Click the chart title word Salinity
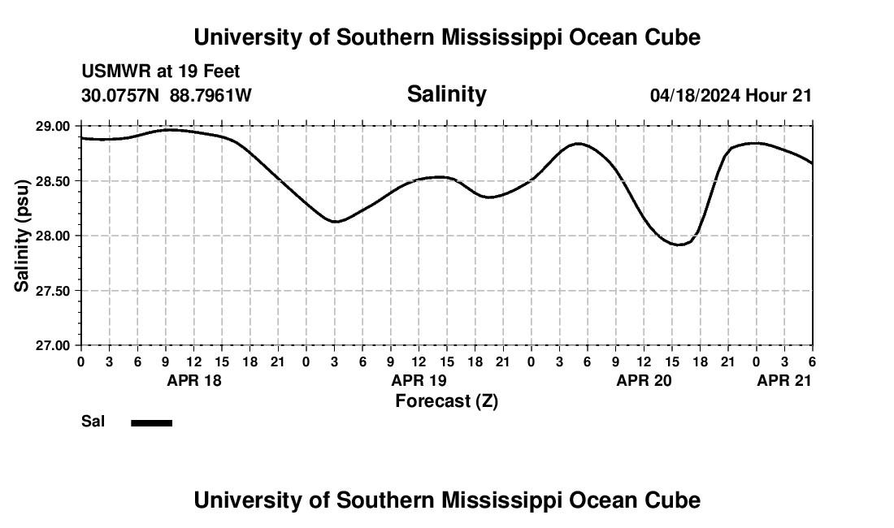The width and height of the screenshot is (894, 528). (x=446, y=94)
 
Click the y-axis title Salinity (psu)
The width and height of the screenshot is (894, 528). (x=22, y=236)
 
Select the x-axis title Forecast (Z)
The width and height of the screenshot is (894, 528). (x=446, y=400)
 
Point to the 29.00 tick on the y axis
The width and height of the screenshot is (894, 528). (x=53, y=126)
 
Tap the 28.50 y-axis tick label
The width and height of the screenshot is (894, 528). (x=53, y=181)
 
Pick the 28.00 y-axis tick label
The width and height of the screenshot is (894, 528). (x=53, y=236)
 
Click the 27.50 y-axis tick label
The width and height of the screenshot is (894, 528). (x=53, y=291)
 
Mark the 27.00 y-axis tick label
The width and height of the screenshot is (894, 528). (x=53, y=345)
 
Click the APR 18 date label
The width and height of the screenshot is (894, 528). (x=194, y=380)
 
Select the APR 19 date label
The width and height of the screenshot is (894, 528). (x=419, y=380)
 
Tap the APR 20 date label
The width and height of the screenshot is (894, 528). (x=644, y=380)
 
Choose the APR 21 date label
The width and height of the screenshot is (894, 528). (x=784, y=380)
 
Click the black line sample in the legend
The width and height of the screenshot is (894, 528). (x=152, y=422)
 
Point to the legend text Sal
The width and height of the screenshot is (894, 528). (x=93, y=422)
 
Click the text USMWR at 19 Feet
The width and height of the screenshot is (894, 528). (x=160, y=71)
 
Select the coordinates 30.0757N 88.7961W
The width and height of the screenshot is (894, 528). (x=167, y=95)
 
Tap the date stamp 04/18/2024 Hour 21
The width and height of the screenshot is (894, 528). (x=731, y=95)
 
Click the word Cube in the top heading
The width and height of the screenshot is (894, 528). (x=670, y=37)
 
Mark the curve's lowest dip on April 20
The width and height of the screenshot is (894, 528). (x=679, y=245)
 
